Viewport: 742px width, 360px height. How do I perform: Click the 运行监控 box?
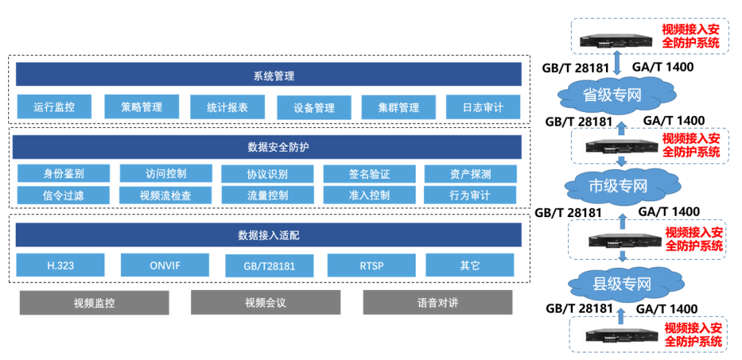[x=54, y=107]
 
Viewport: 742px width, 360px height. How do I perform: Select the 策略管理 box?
[x=142, y=106]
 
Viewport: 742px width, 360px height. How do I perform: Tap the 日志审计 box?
[x=483, y=107]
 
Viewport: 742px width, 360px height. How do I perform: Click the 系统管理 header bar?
[x=269, y=75]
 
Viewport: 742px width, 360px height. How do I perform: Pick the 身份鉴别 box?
[x=63, y=174]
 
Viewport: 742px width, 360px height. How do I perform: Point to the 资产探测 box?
[x=471, y=174]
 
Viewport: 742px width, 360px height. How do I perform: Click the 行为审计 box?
[x=470, y=195]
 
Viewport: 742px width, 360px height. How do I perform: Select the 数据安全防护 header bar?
[x=267, y=147]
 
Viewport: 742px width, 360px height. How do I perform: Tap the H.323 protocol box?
[x=60, y=265]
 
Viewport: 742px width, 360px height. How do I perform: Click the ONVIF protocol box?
[x=165, y=265]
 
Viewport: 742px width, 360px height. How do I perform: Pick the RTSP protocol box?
[x=372, y=265]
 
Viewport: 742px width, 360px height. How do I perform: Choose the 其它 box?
[x=469, y=265]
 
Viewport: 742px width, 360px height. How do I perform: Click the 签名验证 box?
[x=370, y=174]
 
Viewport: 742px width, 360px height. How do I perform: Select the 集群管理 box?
[x=398, y=107]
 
